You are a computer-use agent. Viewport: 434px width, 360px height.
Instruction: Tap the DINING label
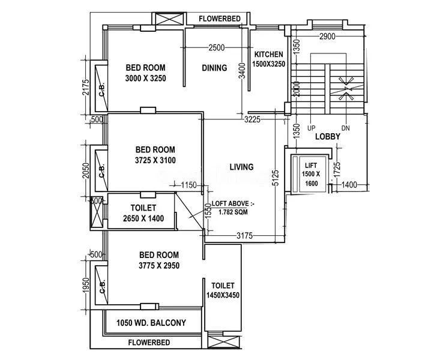coord(214,68)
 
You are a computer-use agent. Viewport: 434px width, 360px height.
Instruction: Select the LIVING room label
coord(241,167)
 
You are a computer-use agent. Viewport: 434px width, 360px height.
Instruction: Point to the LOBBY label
coord(328,137)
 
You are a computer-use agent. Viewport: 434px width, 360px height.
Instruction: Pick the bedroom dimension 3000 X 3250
coord(145,79)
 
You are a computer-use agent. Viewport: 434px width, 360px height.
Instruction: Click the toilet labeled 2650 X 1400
coord(142,218)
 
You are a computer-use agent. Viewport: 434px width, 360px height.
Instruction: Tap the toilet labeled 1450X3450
coord(223,295)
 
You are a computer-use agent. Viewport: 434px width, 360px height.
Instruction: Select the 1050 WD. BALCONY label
coord(152,323)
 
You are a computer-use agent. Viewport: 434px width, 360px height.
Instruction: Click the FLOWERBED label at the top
coord(219,19)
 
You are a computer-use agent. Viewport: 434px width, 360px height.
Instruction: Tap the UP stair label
coord(311,128)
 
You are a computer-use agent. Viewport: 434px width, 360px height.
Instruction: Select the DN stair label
coord(345,128)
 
